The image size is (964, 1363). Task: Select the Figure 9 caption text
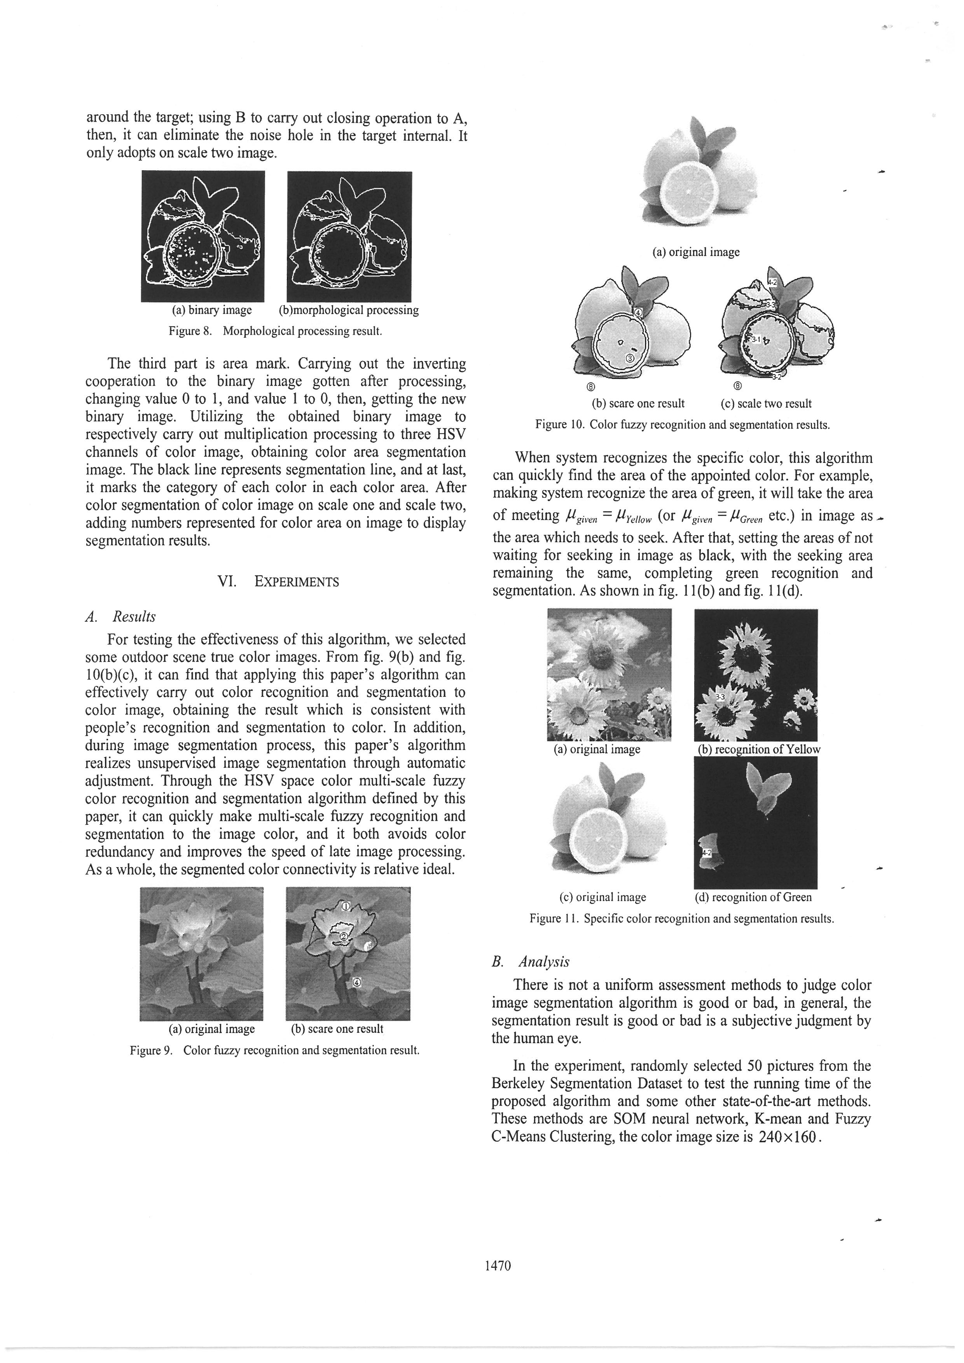pos(274,1050)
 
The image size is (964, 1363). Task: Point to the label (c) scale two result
pos(766,404)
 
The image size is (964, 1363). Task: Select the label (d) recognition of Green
pos(753,897)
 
